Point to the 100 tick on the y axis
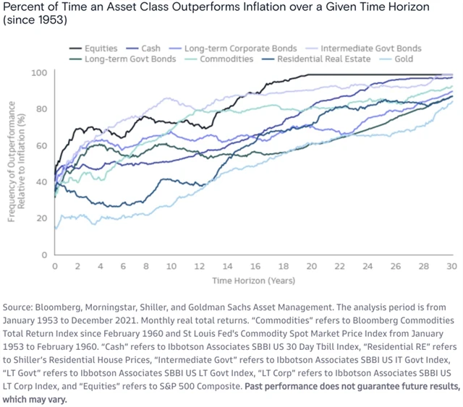[x=41, y=74]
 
